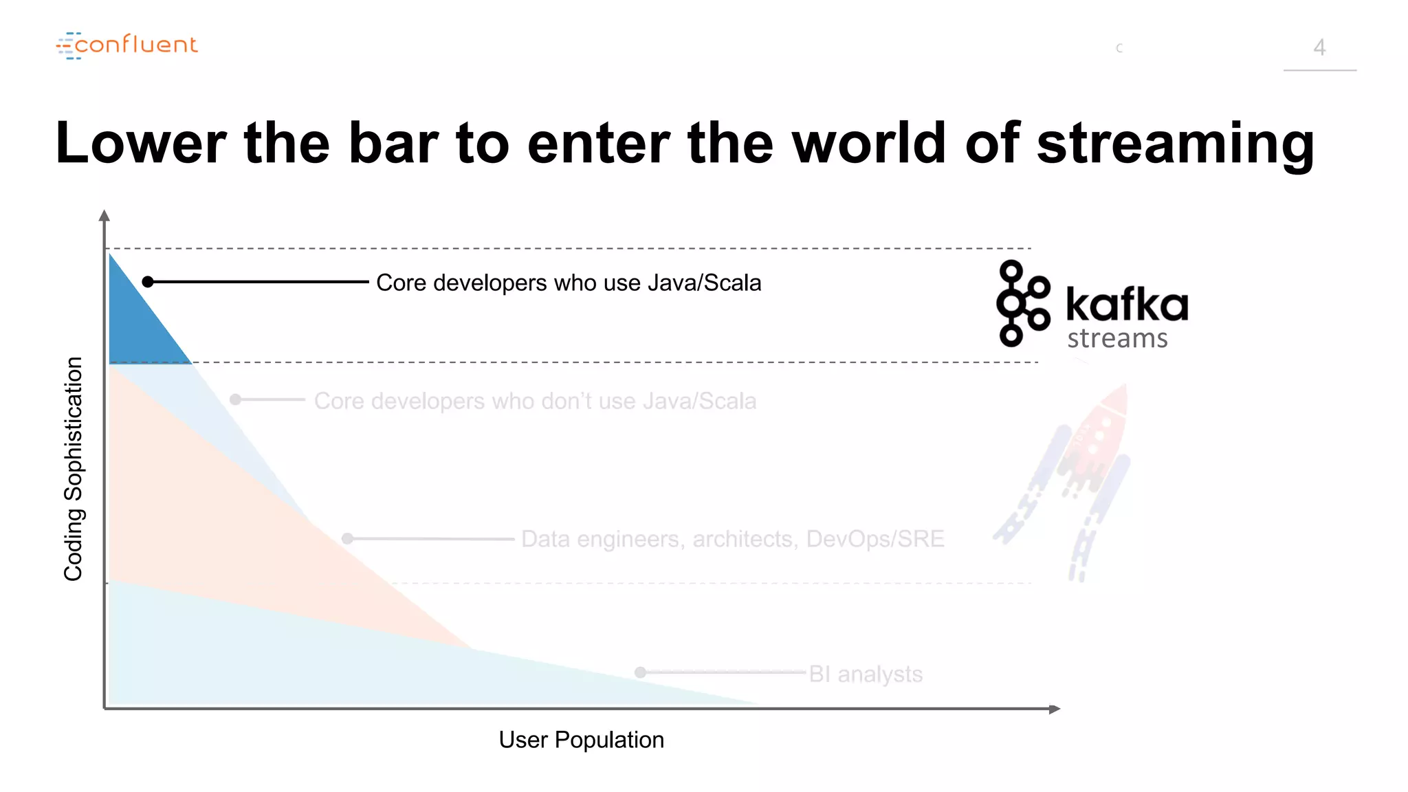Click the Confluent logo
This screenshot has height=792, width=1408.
coord(127,45)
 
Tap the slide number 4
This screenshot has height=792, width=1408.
coord(1319,47)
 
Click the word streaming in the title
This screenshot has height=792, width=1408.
coord(1175,143)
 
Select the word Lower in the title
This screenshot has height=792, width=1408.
coord(140,143)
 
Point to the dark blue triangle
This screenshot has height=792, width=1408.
coord(137,323)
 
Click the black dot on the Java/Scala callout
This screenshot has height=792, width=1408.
coord(148,282)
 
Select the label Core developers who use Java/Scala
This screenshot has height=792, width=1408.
coord(569,283)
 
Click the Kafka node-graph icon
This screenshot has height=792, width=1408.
coord(1022,303)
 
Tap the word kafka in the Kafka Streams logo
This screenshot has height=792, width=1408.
coord(1127,304)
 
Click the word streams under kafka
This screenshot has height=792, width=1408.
coord(1117,338)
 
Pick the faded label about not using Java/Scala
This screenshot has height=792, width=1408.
coord(535,401)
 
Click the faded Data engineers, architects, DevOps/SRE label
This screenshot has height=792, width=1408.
coord(732,539)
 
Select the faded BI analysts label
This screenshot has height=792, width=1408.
coord(866,674)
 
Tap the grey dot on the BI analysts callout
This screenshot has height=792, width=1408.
coord(641,672)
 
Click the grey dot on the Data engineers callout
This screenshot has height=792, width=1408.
coord(348,539)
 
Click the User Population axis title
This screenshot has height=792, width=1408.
coord(581,740)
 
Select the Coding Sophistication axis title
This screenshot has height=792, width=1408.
coord(73,469)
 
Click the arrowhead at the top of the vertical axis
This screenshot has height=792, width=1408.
coord(104,216)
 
